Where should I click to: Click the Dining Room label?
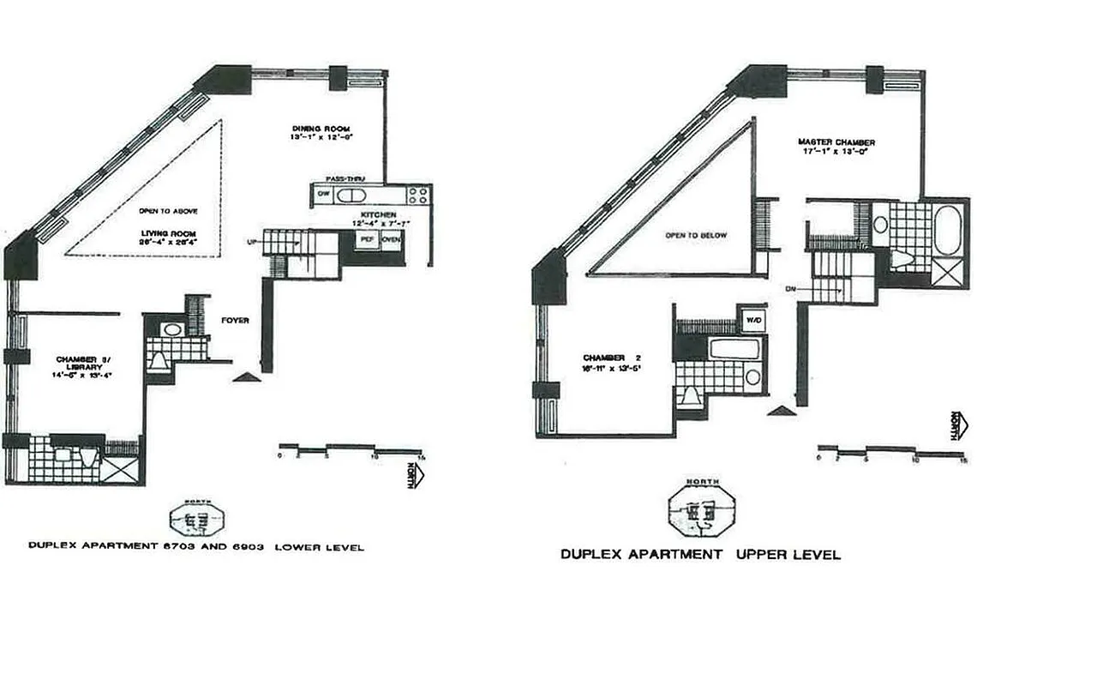pyautogui.click(x=309, y=128)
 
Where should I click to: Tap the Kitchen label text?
pyautogui.click(x=378, y=213)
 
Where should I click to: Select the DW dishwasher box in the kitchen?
pyautogui.click(x=323, y=195)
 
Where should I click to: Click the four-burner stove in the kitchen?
pyautogui.click(x=418, y=195)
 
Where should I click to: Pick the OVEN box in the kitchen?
pyautogui.click(x=391, y=239)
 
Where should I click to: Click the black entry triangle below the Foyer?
pyautogui.click(x=246, y=376)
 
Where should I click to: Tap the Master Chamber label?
pyautogui.click(x=836, y=142)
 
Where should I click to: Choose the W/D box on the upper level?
pyautogui.click(x=753, y=321)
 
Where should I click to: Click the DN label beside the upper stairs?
pyautogui.click(x=801, y=289)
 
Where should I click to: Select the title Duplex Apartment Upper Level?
pyautogui.click(x=700, y=555)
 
